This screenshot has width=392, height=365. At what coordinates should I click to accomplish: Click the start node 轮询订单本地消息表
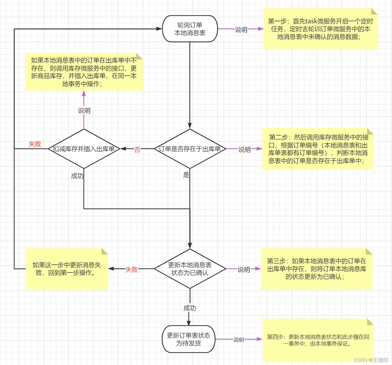(x=190, y=29)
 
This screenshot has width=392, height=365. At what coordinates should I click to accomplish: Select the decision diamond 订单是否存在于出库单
(x=190, y=149)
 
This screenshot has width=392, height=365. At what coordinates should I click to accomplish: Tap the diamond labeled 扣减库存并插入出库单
(x=84, y=149)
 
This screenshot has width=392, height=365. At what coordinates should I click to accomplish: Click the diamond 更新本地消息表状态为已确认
(x=190, y=269)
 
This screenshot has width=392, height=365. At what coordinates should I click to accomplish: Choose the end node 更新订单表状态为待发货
(x=189, y=339)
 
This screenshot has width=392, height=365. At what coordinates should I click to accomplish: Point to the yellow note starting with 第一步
(x=320, y=29)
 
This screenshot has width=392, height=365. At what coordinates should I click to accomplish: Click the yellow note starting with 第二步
(x=318, y=149)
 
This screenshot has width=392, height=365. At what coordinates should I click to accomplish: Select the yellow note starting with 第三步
(x=316, y=269)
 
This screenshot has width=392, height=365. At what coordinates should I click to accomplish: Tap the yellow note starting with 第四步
(x=318, y=340)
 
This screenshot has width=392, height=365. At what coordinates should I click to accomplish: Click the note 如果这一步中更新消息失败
(x=67, y=269)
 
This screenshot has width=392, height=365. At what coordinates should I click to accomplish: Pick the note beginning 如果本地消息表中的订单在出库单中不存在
(x=84, y=72)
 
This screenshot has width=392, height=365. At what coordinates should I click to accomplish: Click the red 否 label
(x=137, y=149)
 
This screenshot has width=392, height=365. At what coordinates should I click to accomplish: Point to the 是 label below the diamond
(x=186, y=175)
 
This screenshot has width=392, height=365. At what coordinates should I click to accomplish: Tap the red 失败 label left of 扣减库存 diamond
(x=35, y=144)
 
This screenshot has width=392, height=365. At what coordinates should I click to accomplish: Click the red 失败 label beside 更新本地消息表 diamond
(x=131, y=269)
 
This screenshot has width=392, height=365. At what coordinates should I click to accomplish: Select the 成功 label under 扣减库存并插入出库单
(x=77, y=176)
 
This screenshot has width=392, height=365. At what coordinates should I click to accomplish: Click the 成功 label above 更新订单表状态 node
(x=190, y=308)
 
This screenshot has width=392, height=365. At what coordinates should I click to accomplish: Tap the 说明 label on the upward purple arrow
(x=84, y=111)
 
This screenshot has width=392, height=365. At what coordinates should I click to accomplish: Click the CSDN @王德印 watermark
(x=371, y=360)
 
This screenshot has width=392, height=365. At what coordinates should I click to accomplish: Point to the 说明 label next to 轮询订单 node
(x=241, y=30)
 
